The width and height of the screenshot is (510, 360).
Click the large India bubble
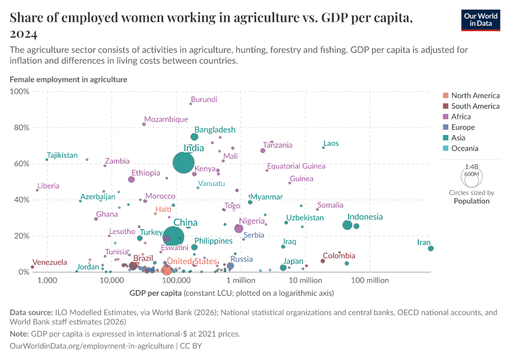click(x=184, y=163)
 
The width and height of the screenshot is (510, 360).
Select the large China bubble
click(x=174, y=236)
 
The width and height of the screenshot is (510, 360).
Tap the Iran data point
click(x=431, y=248)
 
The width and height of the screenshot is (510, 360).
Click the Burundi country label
click(x=204, y=100)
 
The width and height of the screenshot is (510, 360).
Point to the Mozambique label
click(x=166, y=119)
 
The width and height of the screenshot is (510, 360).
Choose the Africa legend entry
click(x=462, y=117)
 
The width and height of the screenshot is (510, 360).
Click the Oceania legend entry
click(x=466, y=149)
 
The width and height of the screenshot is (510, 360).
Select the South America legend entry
click(x=475, y=106)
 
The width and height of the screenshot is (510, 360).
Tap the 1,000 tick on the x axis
click(x=47, y=280)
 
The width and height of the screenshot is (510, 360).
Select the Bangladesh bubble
click(x=194, y=137)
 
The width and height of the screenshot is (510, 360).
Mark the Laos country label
click(x=331, y=143)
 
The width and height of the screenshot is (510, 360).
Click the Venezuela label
click(x=50, y=262)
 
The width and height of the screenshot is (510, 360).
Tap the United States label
click(x=191, y=262)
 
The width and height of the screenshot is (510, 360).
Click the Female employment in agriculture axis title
click(x=68, y=79)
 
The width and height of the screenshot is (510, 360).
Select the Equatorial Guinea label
click(x=296, y=166)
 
